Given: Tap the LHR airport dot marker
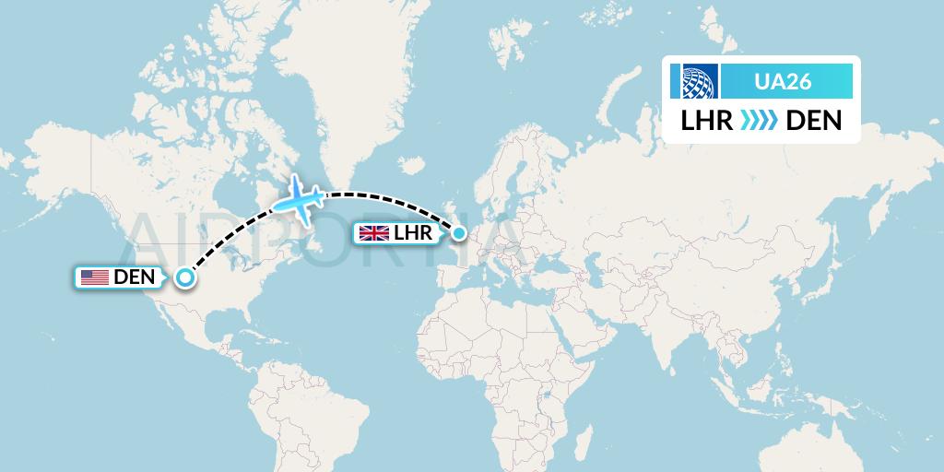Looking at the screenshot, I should (x=458, y=233).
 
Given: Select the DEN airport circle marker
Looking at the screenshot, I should (x=185, y=277).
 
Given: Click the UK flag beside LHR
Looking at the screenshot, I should (x=373, y=233).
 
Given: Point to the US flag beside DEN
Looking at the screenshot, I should (x=94, y=277).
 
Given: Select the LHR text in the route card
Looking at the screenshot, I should (x=707, y=121).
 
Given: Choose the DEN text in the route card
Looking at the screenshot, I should (x=814, y=121).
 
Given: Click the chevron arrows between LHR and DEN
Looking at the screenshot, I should (x=760, y=121).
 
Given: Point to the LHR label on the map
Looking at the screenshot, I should (x=412, y=233).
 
